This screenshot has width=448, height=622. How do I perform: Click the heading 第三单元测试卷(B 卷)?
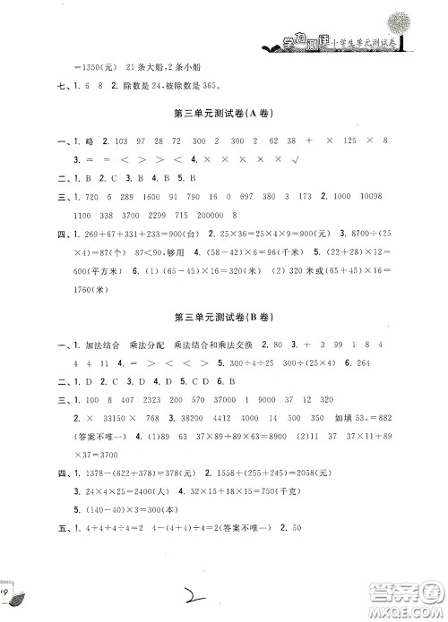pyautogui.click(x=225, y=318)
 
